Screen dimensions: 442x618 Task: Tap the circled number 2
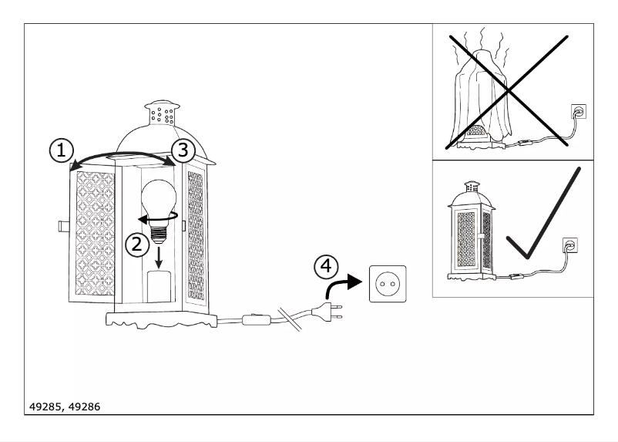tap(136, 245)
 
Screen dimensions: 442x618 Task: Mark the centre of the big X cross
tap(508, 91)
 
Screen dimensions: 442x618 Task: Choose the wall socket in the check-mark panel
tap(571, 245)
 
